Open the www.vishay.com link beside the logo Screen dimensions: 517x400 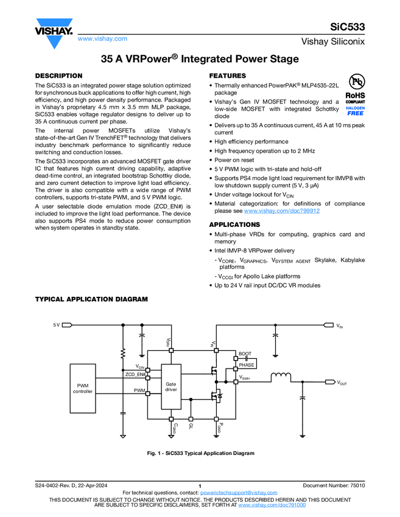pos(102,38)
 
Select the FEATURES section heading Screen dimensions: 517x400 pos(228,75)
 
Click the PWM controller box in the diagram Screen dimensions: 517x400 pos(83,388)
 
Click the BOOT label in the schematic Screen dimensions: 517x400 pos(245,353)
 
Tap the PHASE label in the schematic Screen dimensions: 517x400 pos(246,365)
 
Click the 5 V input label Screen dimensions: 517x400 pos(56,325)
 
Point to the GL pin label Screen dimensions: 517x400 pos(191,427)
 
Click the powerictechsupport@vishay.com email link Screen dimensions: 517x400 pos(239,492)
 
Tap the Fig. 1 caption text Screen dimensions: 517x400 pos(200,453)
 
